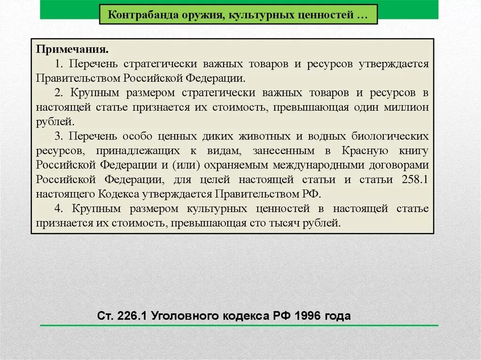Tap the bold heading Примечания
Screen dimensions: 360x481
[x=73, y=50]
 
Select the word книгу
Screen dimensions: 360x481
[x=414, y=151]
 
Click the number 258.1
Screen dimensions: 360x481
[x=415, y=179]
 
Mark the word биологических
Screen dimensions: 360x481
[x=390, y=136]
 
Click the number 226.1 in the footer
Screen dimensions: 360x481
[x=132, y=315]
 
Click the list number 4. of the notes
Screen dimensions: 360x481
[x=58, y=208]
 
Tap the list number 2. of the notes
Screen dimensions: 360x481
[x=58, y=93]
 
